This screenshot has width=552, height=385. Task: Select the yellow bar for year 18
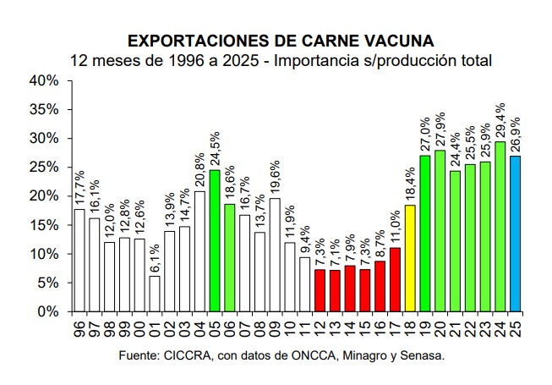coord(409,258)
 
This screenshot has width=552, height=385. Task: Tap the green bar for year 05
coord(215,240)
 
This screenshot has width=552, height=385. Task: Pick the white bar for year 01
coord(154,294)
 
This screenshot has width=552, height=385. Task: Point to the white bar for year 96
coord(79,260)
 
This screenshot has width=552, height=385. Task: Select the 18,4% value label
coord(409,184)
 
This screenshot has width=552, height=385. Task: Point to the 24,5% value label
coord(215,149)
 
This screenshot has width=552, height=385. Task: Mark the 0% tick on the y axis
coord(47,311)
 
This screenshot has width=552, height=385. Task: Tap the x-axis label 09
coord(276,325)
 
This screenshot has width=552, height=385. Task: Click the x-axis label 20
coord(440,325)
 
